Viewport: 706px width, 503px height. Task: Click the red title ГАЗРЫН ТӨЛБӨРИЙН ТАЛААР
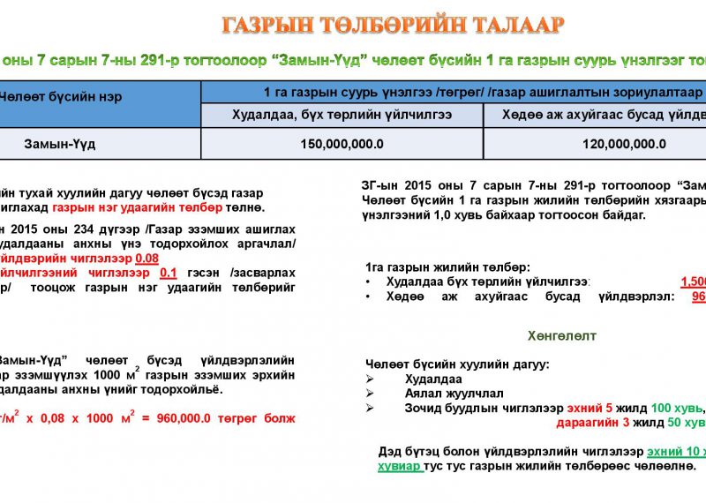pyautogui.click(x=392, y=25)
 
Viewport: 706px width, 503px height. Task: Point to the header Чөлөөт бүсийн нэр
pyautogui.click(x=62, y=96)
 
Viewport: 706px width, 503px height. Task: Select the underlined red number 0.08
pyautogui.click(x=146, y=258)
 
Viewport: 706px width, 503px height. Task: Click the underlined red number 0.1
pyautogui.click(x=169, y=272)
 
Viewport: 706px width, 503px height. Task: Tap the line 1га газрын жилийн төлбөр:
pyautogui.click(x=447, y=267)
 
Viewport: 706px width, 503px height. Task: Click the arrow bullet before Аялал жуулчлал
pyautogui.click(x=371, y=394)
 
